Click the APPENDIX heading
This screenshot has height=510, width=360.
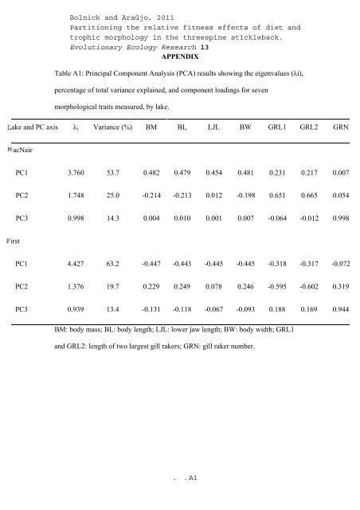[179, 57]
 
